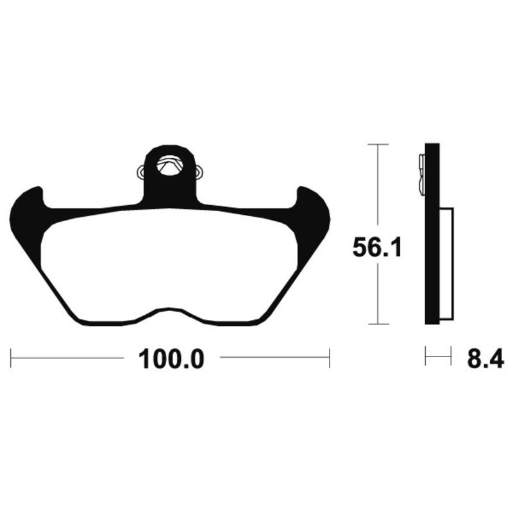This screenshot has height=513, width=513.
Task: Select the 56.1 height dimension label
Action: (x=377, y=248)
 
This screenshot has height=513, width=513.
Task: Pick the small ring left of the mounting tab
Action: (x=142, y=172)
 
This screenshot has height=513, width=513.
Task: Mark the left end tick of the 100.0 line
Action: (x=11, y=358)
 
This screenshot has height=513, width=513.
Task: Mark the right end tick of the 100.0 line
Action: (x=329, y=358)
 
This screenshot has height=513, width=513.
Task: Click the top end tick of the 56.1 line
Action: (x=379, y=145)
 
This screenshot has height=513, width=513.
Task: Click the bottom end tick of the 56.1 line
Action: (x=379, y=324)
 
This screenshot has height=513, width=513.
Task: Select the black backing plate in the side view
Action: (x=432, y=256)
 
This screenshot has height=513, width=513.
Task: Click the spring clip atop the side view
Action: (x=421, y=173)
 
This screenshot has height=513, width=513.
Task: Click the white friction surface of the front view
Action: (x=169, y=263)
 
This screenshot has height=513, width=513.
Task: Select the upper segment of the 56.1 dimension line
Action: (x=379, y=186)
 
